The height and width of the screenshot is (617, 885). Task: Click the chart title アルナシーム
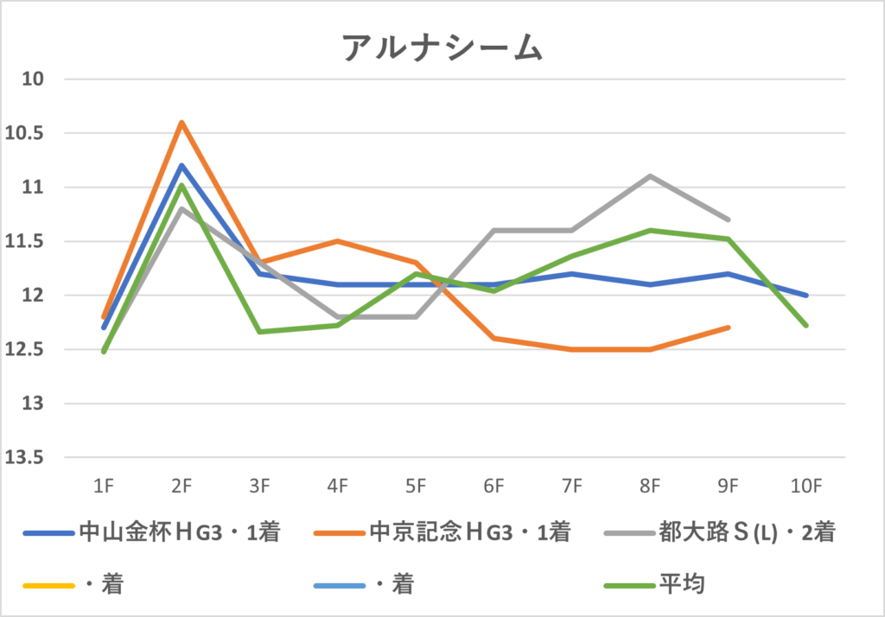[442, 48]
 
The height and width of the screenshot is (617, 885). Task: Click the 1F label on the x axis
[103, 487]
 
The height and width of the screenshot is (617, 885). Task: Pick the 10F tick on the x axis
[805, 487]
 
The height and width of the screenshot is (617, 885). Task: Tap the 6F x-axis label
[493, 487]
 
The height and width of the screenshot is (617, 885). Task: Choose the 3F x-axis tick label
[259, 487]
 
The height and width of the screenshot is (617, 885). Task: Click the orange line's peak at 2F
[181, 122]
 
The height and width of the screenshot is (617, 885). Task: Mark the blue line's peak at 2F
[181, 165]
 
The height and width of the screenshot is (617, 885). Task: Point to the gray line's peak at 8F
[650, 176]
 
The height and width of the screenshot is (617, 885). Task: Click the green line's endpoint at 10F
[806, 326]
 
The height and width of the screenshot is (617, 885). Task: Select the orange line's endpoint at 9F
[729, 328]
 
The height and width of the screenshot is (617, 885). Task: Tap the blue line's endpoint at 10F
[806, 296]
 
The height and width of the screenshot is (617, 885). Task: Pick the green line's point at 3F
[259, 332]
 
